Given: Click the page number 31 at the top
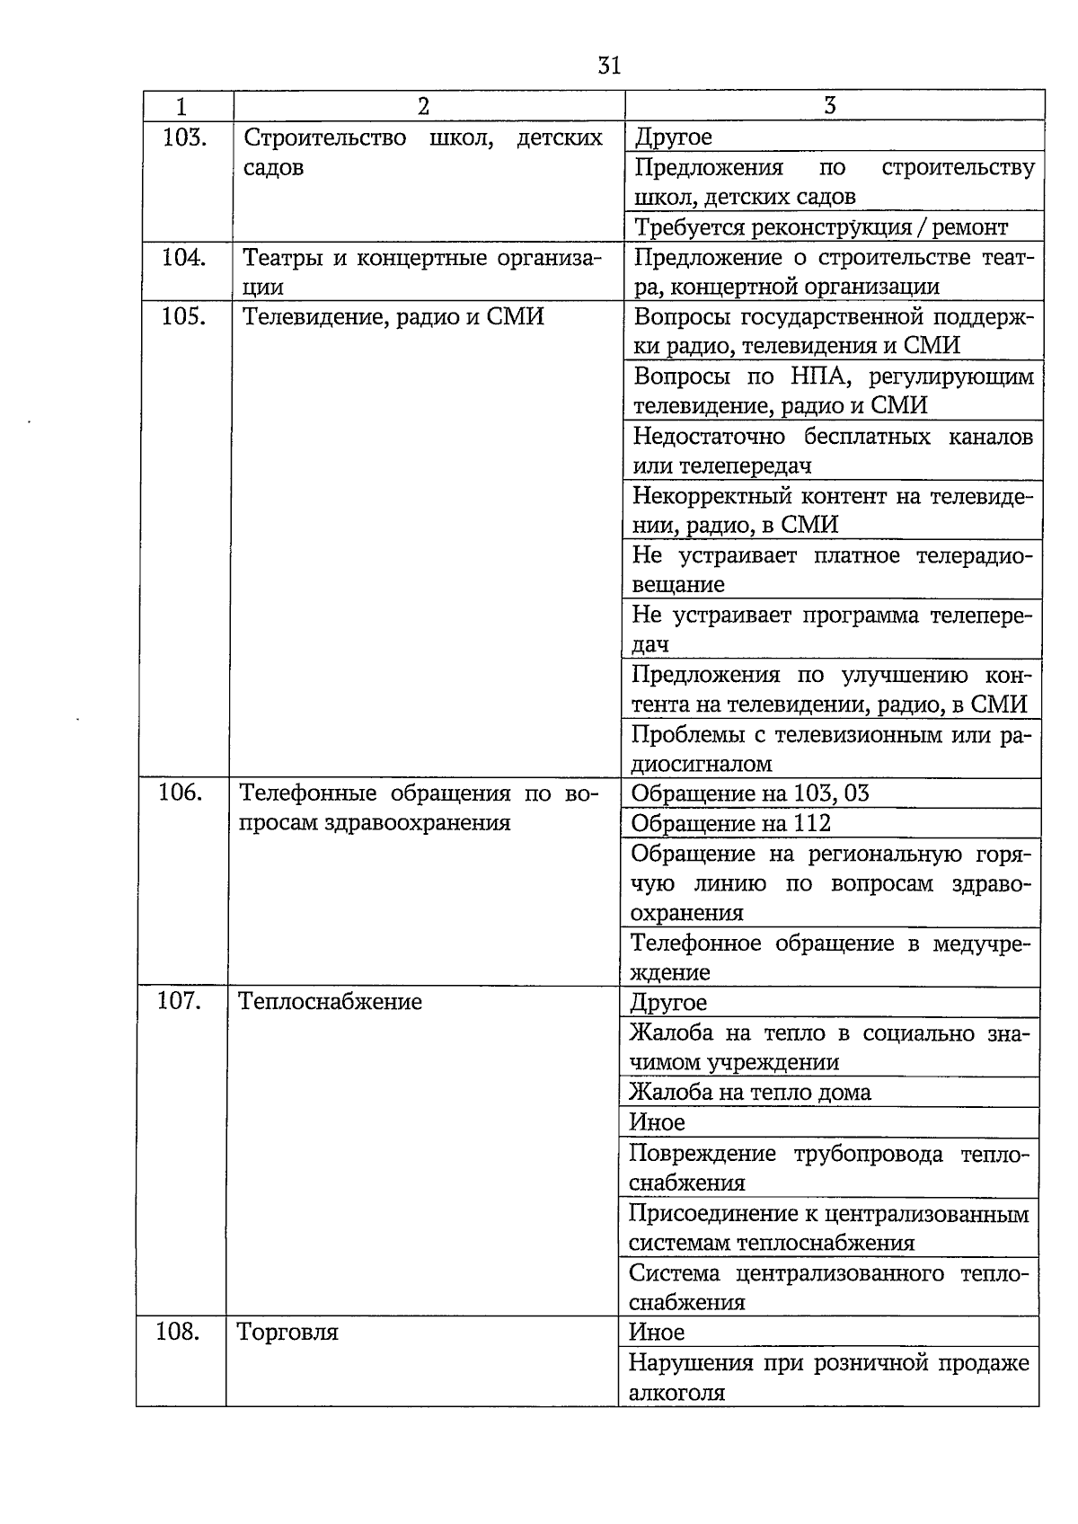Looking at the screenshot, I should point(609,66).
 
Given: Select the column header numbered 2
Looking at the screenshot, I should point(423,106).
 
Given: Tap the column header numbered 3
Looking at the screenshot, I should point(829,106).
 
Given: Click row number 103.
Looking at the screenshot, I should point(184,137).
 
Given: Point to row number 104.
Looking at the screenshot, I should point(184,258).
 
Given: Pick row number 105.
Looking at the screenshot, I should point(184,316).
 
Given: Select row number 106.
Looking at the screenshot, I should point(181,793).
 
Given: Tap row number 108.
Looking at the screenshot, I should point(178,1331).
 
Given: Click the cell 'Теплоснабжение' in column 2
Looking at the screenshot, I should point(330,1001).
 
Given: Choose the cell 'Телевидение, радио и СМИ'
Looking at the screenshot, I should point(393,317).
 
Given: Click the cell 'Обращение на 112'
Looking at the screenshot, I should point(730,823).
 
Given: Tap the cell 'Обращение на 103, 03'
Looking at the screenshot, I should point(750,793).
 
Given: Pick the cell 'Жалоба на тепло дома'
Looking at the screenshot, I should point(749,1092).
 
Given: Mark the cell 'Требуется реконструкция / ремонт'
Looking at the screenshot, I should point(821,227).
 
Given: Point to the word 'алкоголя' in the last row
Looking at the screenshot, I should point(676,1392).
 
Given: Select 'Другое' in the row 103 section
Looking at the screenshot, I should point(673,137).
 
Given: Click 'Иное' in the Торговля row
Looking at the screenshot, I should point(657,1332).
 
